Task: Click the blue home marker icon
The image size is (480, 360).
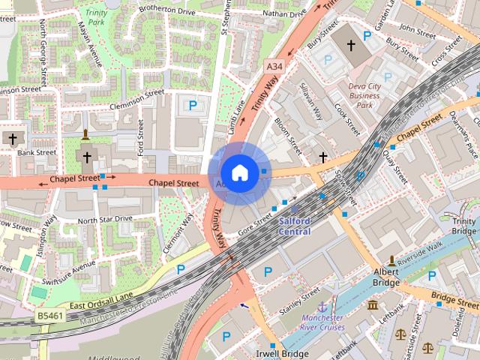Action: click(x=239, y=173)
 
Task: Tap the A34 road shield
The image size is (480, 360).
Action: click(x=274, y=68)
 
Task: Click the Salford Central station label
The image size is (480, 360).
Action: click(x=294, y=226)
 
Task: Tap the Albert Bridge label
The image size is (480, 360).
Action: click(x=386, y=277)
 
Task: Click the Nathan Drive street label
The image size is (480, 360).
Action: click(x=283, y=13)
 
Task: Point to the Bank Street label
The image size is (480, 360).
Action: click(x=37, y=152)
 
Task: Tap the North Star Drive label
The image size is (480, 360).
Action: click(x=105, y=220)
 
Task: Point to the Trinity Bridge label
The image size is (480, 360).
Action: click(x=463, y=226)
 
